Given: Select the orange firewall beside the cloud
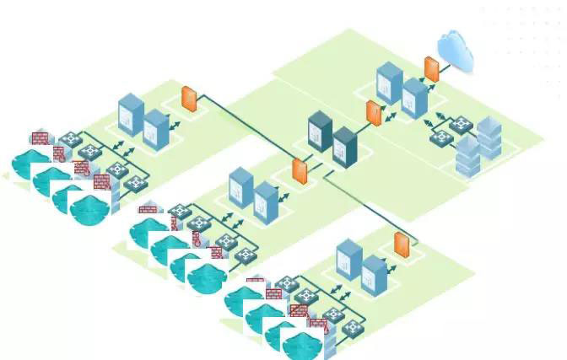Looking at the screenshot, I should click(432, 69).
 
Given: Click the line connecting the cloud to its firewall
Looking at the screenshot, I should click(443, 63).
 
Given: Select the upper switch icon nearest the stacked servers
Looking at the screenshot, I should click(461, 125).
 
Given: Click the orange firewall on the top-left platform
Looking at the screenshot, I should click(190, 100).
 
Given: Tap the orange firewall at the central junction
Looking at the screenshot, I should click(300, 169).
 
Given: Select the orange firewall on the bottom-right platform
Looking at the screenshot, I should click(402, 244).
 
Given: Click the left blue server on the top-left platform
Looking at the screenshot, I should click(131, 114).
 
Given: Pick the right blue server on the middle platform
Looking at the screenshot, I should click(267, 201).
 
